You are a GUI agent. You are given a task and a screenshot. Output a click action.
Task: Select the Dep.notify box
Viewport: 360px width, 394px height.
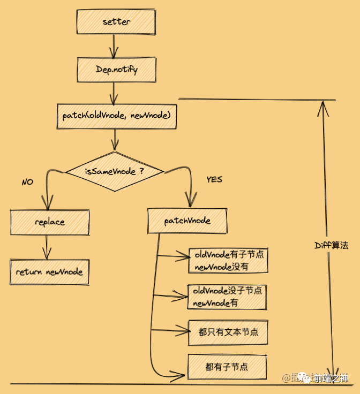(x=117, y=69)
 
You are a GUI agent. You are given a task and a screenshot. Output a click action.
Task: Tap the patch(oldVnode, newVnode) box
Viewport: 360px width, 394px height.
(x=116, y=115)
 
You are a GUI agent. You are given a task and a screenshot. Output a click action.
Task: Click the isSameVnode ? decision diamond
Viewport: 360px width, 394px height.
(x=115, y=172)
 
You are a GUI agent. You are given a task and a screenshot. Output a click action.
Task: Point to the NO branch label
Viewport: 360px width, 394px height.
(x=27, y=182)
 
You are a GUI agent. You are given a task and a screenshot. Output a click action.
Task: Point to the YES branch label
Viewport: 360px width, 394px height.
(x=214, y=179)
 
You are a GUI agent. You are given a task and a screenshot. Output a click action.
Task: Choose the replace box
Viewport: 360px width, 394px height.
(x=49, y=222)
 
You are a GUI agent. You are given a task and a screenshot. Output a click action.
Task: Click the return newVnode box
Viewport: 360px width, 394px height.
(x=49, y=272)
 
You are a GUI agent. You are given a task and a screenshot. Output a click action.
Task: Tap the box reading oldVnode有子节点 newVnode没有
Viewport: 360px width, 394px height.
(x=228, y=260)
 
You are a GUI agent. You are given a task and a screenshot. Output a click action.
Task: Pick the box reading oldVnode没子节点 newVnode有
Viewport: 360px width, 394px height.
(x=227, y=297)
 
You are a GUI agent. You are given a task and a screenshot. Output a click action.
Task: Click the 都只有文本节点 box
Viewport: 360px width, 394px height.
(x=228, y=332)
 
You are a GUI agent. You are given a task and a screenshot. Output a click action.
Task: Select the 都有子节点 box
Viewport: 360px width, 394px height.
(x=227, y=367)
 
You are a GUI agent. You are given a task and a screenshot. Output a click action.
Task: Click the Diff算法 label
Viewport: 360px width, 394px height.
(x=331, y=245)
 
